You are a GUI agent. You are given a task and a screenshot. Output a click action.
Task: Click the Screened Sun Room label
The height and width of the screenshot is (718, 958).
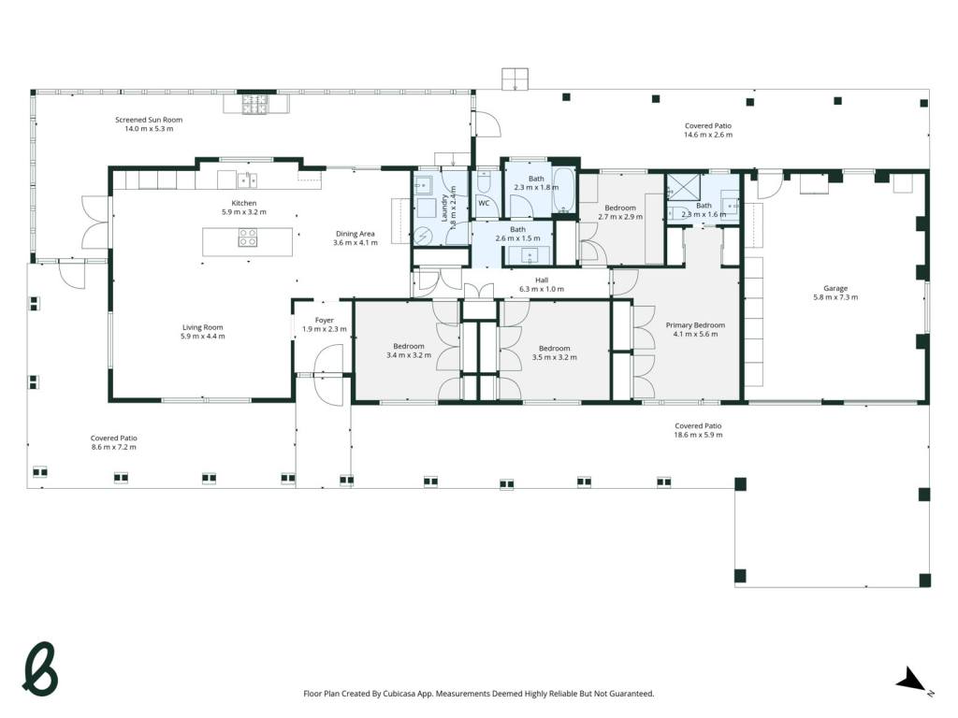149,120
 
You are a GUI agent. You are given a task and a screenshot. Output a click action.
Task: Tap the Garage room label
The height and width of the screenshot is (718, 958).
835,288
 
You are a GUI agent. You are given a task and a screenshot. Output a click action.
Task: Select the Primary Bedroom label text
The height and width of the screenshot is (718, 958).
695,324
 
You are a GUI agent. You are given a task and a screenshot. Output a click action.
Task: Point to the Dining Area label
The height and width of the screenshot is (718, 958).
355,233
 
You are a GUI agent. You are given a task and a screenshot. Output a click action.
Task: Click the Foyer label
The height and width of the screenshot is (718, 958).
325,320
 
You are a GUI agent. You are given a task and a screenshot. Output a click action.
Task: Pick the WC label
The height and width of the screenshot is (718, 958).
484,203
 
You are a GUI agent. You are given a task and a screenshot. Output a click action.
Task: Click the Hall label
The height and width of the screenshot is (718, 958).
542,280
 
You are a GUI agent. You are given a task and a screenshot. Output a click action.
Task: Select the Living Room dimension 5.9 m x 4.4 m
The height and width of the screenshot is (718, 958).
203,337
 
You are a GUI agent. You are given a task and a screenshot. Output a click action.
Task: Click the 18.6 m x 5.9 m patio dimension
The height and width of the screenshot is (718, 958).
698,435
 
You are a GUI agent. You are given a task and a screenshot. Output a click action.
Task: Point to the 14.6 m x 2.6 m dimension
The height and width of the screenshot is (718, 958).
708,135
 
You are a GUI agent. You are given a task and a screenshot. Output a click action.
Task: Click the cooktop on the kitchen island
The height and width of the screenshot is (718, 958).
247,237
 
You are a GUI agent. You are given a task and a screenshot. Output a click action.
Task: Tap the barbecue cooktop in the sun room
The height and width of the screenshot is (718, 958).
255,105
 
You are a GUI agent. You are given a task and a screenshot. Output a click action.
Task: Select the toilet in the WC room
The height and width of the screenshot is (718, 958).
484,180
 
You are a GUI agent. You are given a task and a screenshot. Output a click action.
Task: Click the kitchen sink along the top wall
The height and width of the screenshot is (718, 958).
247,180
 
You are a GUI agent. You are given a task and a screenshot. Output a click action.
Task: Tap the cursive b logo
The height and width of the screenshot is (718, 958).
39,668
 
